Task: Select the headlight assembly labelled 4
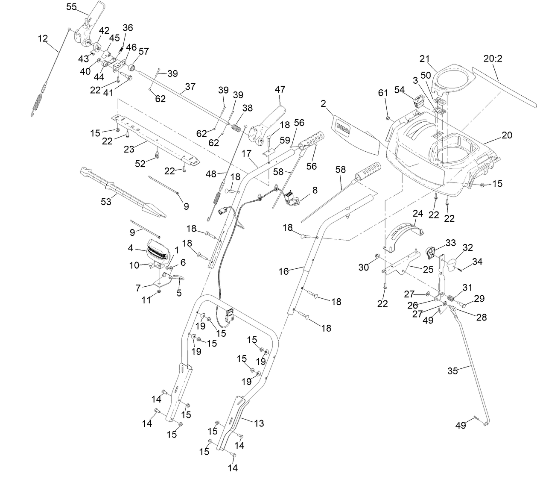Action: pos(161,251)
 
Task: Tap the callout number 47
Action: pos(280,90)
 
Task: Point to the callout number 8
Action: pos(315,190)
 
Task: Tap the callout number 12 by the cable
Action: pos(43,38)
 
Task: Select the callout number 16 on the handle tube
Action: pos(283,271)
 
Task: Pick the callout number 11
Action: pos(146,300)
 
